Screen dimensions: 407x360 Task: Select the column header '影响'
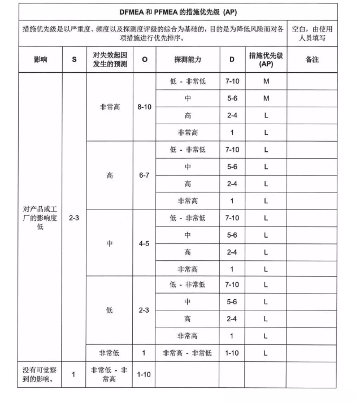coord(40,59)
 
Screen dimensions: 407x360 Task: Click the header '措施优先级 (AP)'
coord(266,59)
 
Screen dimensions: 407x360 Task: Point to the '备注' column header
coord(312,59)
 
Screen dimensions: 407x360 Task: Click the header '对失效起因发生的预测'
coord(110,59)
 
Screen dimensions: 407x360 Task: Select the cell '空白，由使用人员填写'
coord(312,33)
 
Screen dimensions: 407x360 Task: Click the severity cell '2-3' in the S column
coord(73,217)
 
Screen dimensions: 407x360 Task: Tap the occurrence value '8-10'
coord(144,107)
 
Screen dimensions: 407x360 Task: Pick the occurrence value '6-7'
coord(144,175)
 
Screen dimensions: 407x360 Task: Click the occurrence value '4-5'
coord(144,243)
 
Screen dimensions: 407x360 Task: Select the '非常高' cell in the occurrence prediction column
coord(110,107)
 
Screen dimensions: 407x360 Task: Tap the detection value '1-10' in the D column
coord(232,353)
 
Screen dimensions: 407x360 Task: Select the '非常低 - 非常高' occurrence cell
coord(110,374)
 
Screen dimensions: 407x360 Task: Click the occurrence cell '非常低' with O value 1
coord(110,353)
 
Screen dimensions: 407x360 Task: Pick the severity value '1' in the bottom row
coord(73,374)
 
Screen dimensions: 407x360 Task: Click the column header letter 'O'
coord(144,59)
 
